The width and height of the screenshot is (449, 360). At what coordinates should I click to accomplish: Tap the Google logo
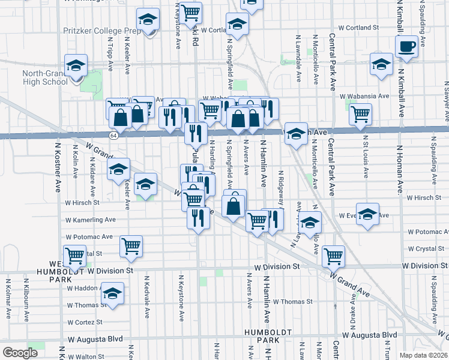coord(20,353)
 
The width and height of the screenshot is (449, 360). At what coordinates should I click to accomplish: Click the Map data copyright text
coord(423,355)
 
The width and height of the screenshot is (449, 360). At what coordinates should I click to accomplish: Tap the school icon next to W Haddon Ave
coord(112,294)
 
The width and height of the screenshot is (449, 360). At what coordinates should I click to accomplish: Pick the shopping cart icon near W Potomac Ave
coord(131,245)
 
